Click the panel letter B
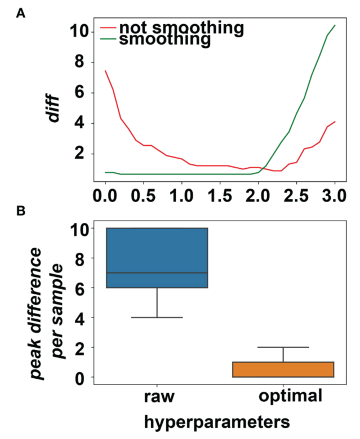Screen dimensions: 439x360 point(21,212)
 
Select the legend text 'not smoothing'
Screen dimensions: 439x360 point(181,28)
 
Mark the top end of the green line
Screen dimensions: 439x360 point(335,25)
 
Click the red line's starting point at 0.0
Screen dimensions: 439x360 point(105,71)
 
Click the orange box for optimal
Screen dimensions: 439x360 point(283,370)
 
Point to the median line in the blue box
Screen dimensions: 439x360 point(157,273)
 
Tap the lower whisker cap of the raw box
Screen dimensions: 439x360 point(157,317)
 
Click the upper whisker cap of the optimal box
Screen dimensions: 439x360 point(283,347)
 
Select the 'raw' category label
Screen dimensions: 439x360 point(157,396)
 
